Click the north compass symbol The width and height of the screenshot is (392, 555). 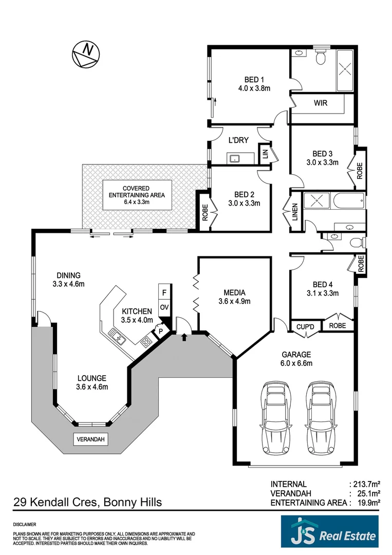tap(86, 52)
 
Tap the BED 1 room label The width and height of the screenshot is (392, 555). tap(254, 79)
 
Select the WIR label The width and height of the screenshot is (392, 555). tap(321, 103)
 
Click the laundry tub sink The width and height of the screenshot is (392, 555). tap(235, 158)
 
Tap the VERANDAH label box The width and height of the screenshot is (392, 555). tap(91, 439)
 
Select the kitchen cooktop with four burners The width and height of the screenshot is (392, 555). tap(146, 341)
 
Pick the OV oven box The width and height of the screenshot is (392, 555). tap(164, 307)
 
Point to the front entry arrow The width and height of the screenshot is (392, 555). tap(184, 337)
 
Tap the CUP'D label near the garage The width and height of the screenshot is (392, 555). tap(305, 326)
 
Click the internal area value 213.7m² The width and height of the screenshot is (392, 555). tap(365, 484)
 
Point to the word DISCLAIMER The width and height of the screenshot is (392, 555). tap(24, 525)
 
